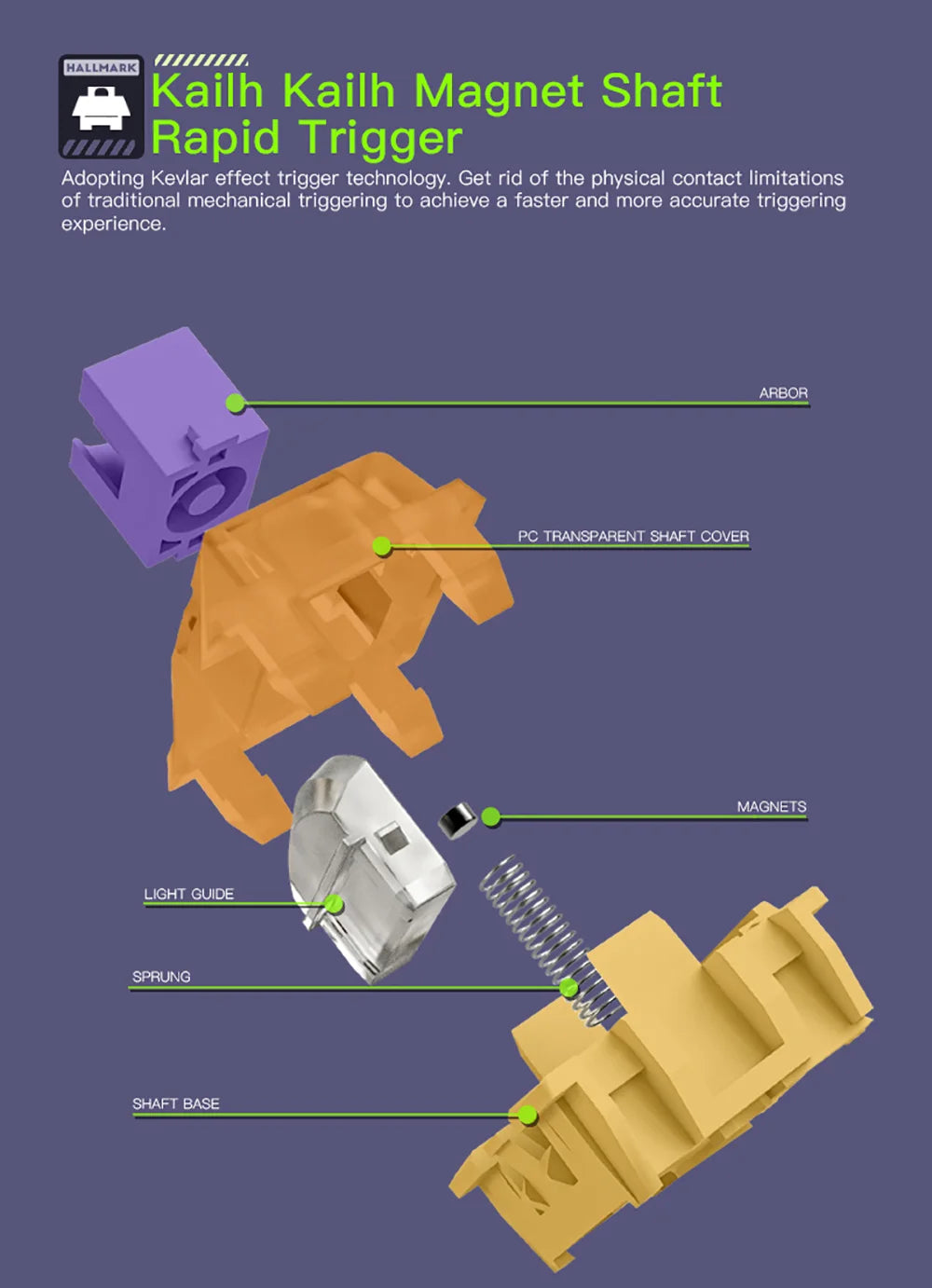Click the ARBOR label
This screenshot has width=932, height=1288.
coord(783,393)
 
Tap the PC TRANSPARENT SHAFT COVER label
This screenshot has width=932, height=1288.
coord(633,537)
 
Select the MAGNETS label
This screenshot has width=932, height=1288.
coord(772,807)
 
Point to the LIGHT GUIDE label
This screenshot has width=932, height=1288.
coord(188,894)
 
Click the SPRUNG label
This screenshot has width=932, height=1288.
coord(161,977)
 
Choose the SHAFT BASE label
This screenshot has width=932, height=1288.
coord(176,1104)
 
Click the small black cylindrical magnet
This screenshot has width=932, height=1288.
coord(458,820)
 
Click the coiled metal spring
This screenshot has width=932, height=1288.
coord(550,939)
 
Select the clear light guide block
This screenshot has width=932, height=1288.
coord(371,869)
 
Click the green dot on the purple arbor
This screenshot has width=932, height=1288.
coord(235,403)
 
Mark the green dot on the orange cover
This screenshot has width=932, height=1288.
coord(382,546)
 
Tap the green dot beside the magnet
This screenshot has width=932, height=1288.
coord(490,816)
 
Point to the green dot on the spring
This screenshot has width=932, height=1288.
coord(569,988)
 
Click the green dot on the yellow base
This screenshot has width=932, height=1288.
coord(528,1116)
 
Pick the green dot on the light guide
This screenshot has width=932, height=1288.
coord(334,905)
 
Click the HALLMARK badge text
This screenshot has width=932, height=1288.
coord(102,68)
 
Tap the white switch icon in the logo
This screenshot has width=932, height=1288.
coord(102,109)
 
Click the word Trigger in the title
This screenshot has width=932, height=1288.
coord(380,138)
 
